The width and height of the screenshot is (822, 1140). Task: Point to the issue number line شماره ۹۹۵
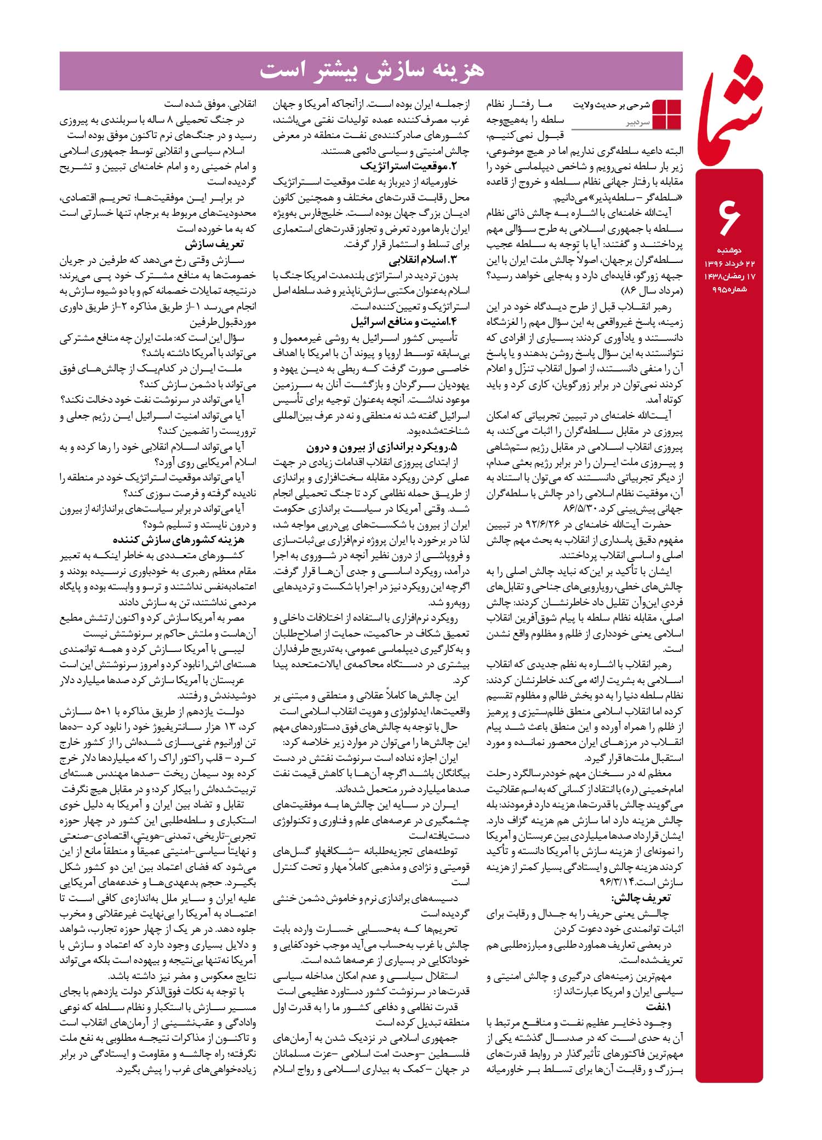[x=729, y=289]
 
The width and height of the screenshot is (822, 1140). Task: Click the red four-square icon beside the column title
[x=667, y=114]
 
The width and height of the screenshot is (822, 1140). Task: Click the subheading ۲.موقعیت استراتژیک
[x=408, y=166]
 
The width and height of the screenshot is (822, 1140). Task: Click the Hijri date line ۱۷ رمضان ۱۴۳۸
[x=729, y=277]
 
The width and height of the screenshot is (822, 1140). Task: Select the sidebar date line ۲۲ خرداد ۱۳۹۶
[x=729, y=264]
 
